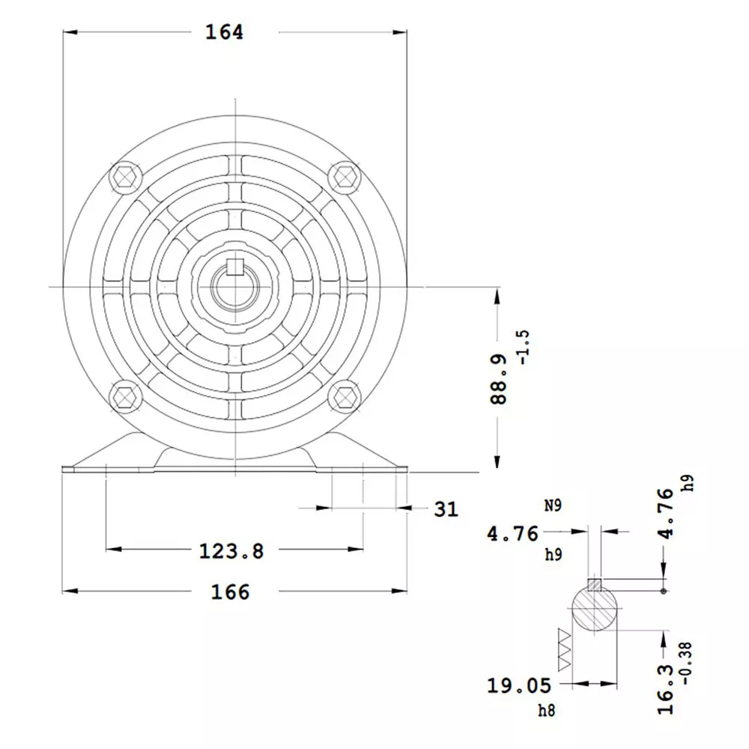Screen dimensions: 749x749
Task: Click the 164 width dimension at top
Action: pos(225,32)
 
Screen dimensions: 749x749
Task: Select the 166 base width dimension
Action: pos(230,592)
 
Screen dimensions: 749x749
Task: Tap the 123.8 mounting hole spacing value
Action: pos(231,551)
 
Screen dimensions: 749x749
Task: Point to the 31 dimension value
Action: pos(446,509)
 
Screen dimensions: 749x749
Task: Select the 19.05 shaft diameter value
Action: pos(519,685)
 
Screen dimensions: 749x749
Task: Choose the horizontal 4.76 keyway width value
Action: pos(513,533)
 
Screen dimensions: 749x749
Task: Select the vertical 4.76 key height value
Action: pos(665,513)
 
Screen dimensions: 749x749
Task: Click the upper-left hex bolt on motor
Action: pos(125,176)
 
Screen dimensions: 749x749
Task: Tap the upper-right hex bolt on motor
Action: pos(345,176)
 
